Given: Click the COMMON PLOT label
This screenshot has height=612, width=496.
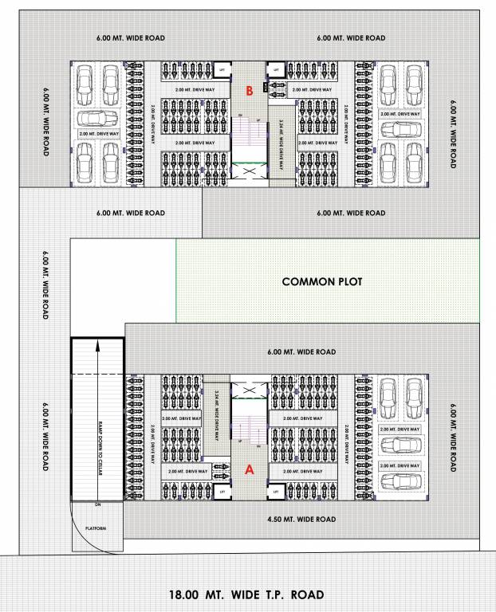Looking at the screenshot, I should [x=322, y=282].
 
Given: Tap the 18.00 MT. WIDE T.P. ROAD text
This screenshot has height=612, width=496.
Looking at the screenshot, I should [x=246, y=594].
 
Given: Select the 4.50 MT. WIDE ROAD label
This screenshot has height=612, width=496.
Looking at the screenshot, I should [x=301, y=520].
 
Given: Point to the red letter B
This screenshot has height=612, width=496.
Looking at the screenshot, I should [x=250, y=92].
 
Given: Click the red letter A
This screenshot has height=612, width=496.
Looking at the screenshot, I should [x=249, y=470].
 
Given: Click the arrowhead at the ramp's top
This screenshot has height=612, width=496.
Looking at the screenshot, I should [x=96, y=345].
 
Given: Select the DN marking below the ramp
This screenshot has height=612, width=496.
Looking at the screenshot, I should [x=97, y=504].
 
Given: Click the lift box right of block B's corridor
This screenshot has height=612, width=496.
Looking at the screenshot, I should [x=275, y=71].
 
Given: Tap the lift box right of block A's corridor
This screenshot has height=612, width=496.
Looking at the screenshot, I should [x=275, y=492].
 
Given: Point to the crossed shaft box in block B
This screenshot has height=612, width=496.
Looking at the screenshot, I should [x=250, y=171].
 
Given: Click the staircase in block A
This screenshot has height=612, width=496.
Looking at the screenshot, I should [x=250, y=430].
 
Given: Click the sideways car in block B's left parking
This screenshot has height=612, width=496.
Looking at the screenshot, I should [x=98, y=118].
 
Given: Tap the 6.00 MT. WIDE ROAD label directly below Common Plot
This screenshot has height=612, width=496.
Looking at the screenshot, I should [x=301, y=351].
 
